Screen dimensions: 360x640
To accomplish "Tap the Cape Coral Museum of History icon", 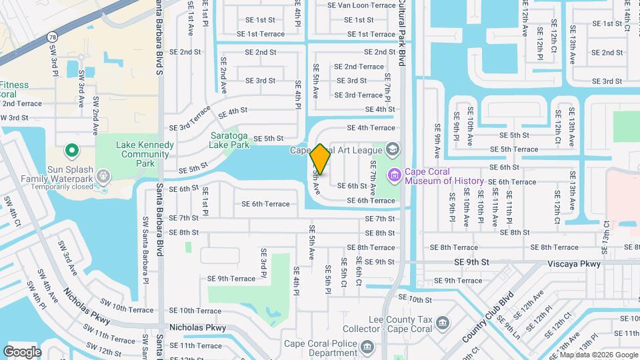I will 395,175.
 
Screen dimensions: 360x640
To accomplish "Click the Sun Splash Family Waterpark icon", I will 103,176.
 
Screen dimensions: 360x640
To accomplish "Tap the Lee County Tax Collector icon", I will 442,324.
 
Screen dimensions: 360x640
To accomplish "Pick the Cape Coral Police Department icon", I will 367,347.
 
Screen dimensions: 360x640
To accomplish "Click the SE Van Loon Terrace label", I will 361,5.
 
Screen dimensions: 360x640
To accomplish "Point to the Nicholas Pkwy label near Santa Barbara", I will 197,328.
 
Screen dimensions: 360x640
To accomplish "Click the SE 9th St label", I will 471,263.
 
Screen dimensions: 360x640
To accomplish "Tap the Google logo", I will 22,351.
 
